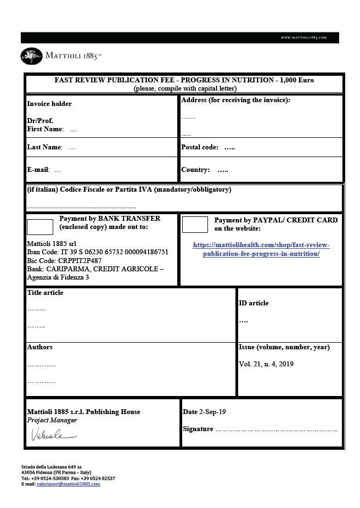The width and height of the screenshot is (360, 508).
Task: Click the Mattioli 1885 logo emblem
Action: click(31, 55)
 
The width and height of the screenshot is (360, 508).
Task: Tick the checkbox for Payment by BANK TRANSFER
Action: click(40, 226)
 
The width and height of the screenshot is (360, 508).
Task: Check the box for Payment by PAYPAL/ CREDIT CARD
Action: click(195, 224)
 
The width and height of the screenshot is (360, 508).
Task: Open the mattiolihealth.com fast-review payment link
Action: click(261, 249)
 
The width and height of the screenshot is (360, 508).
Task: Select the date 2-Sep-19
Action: click(212, 412)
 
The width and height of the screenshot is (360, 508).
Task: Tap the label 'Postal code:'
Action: click(200, 147)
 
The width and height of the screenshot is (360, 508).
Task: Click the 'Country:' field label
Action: click(195, 170)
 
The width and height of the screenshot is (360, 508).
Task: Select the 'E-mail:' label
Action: click(38, 170)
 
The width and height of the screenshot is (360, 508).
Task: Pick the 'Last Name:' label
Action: click(45, 147)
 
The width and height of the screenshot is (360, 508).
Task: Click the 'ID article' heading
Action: click(254, 303)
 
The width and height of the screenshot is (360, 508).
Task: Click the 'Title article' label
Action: click(45, 293)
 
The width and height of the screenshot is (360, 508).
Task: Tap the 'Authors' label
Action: click(40, 347)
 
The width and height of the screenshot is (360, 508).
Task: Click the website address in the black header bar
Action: click(303, 37)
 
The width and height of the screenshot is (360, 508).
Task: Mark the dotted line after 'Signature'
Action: click(276, 429)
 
